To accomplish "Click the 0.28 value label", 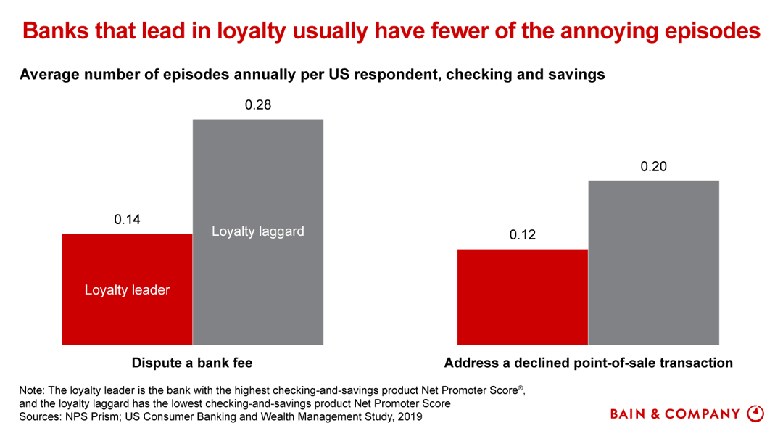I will tap(257, 105).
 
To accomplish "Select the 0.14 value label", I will tap(127, 220).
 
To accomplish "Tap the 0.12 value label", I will tap(522, 235).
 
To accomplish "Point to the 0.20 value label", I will tap(653, 167).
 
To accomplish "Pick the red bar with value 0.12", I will tap(522, 297).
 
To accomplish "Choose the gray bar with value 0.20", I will tap(653, 262).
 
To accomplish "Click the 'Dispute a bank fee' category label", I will tap(192, 363).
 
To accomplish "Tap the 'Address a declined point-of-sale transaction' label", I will tap(588, 363).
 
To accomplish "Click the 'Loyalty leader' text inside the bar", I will tap(127, 290).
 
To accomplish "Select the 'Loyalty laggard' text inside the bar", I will tap(257, 231).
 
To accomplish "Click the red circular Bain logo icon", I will tap(755, 414).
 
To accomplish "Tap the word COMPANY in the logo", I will tap(704, 414).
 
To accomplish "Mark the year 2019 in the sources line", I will tap(407, 417).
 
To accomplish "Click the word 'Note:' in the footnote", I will tap(33, 390).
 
